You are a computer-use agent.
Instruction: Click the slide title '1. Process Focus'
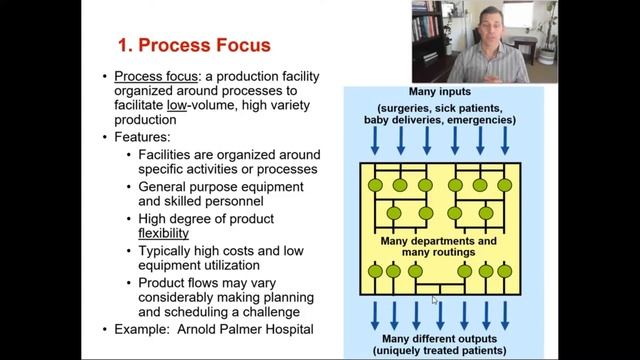[194, 46]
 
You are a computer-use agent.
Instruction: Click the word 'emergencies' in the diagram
[482, 119]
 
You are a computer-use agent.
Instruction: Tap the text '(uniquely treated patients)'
[442, 351]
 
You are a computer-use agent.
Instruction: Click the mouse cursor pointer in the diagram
[434, 298]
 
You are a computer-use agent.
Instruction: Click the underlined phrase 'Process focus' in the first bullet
[151, 76]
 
